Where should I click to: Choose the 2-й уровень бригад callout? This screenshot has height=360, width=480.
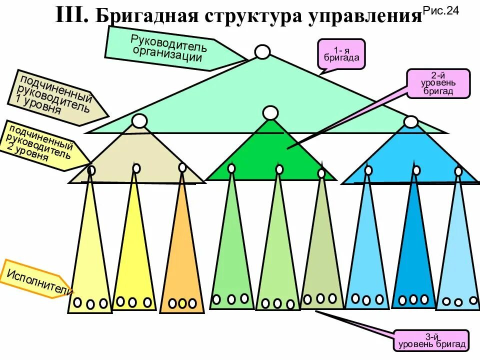tap(438, 83)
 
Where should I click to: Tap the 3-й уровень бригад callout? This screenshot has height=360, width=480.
tap(431, 340)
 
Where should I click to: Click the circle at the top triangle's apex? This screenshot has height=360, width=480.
tap(262, 52)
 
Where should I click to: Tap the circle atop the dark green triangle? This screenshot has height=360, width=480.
tap(270, 113)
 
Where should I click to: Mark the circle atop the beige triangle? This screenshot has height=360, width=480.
tap(140, 120)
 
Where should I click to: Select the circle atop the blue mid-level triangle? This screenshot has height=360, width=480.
tap(410, 122)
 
